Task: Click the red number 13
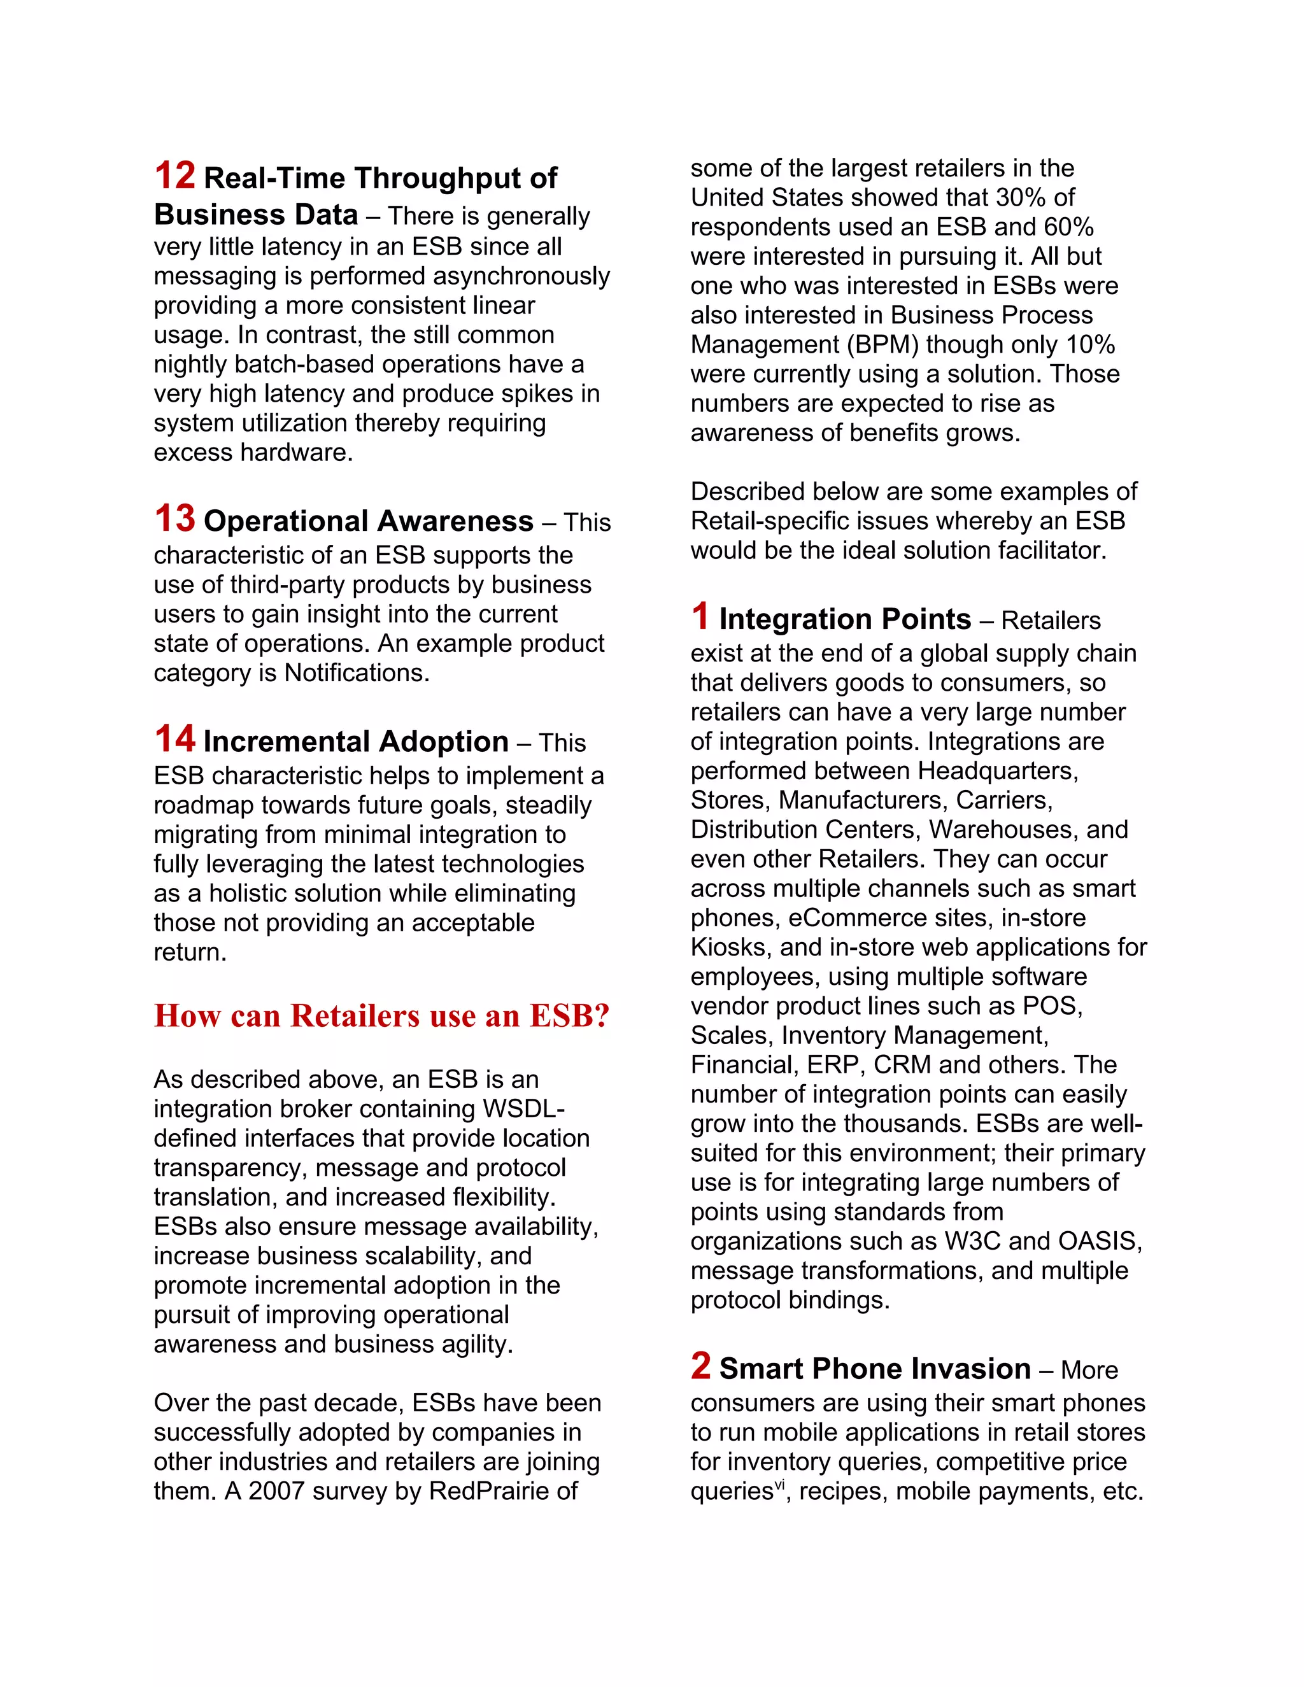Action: pyautogui.click(x=174, y=518)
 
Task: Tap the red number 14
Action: pyautogui.click(x=174, y=738)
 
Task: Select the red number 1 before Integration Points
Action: pyautogui.click(x=700, y=616)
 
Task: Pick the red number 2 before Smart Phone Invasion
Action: pyautogui.click(x=700, y=1366)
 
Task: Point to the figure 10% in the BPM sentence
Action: pyautogui.click(x=1090, y=344)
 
